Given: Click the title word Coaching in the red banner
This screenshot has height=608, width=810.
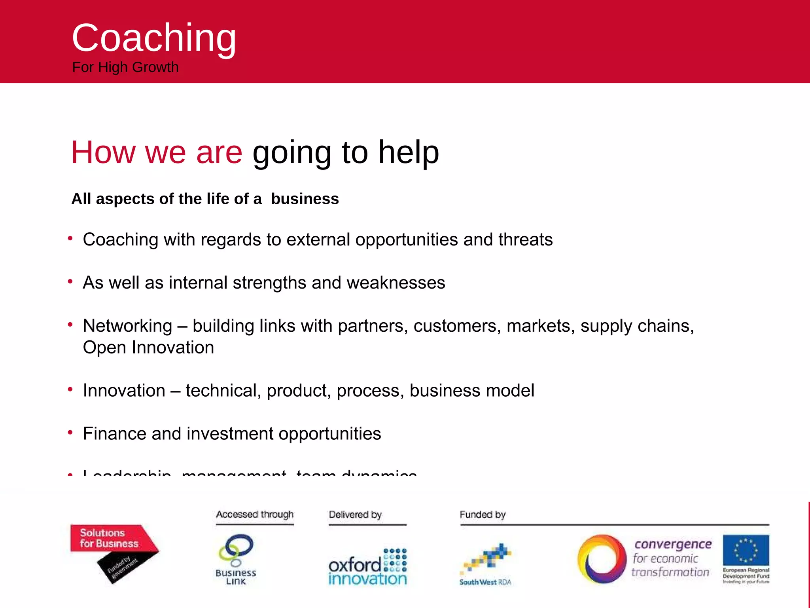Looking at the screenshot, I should point(154,38).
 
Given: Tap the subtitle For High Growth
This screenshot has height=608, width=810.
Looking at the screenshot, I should point(125,67).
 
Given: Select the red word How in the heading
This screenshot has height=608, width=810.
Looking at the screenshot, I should point(103,152).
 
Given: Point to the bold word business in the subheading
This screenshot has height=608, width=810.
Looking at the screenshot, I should point(305,199).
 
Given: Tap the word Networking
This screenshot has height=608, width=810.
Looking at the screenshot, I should point(127,326).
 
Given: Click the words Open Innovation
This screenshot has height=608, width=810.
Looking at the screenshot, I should point(148,348).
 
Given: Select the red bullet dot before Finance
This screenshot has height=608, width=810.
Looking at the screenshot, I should point(70,432).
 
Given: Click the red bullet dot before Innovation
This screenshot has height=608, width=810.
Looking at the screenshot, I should point(70,389).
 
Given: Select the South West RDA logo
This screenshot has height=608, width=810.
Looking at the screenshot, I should point(486,564).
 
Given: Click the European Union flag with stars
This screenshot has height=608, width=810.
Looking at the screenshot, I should point(746,550).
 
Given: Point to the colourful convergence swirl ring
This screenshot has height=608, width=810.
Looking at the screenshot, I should point(601,559).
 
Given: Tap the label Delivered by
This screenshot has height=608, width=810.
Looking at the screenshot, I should point(355,514).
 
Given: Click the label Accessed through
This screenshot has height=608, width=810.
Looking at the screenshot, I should point(255,514).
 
